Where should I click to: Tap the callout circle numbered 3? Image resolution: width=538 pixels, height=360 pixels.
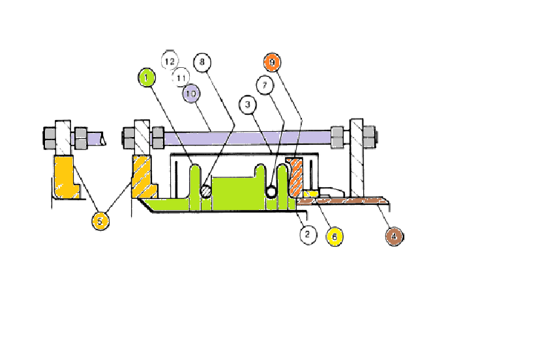pos(248,104)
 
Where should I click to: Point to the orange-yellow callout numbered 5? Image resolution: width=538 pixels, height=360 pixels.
pos(99,221)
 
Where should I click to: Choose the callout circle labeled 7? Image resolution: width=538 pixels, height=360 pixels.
pos(264,85)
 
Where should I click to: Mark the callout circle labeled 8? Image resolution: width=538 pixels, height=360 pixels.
pos(202,63)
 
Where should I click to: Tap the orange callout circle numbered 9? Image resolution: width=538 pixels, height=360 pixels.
pos(273,63)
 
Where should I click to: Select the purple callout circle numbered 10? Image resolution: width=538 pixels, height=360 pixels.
pos(191,93)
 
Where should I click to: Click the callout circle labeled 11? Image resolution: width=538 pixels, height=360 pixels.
pos(181,78)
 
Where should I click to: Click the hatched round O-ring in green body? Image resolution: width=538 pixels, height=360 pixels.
pos(205,190)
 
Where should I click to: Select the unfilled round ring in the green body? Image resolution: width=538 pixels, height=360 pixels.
pos(271,190)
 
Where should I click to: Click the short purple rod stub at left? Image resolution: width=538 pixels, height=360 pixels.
pos(96,138)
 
